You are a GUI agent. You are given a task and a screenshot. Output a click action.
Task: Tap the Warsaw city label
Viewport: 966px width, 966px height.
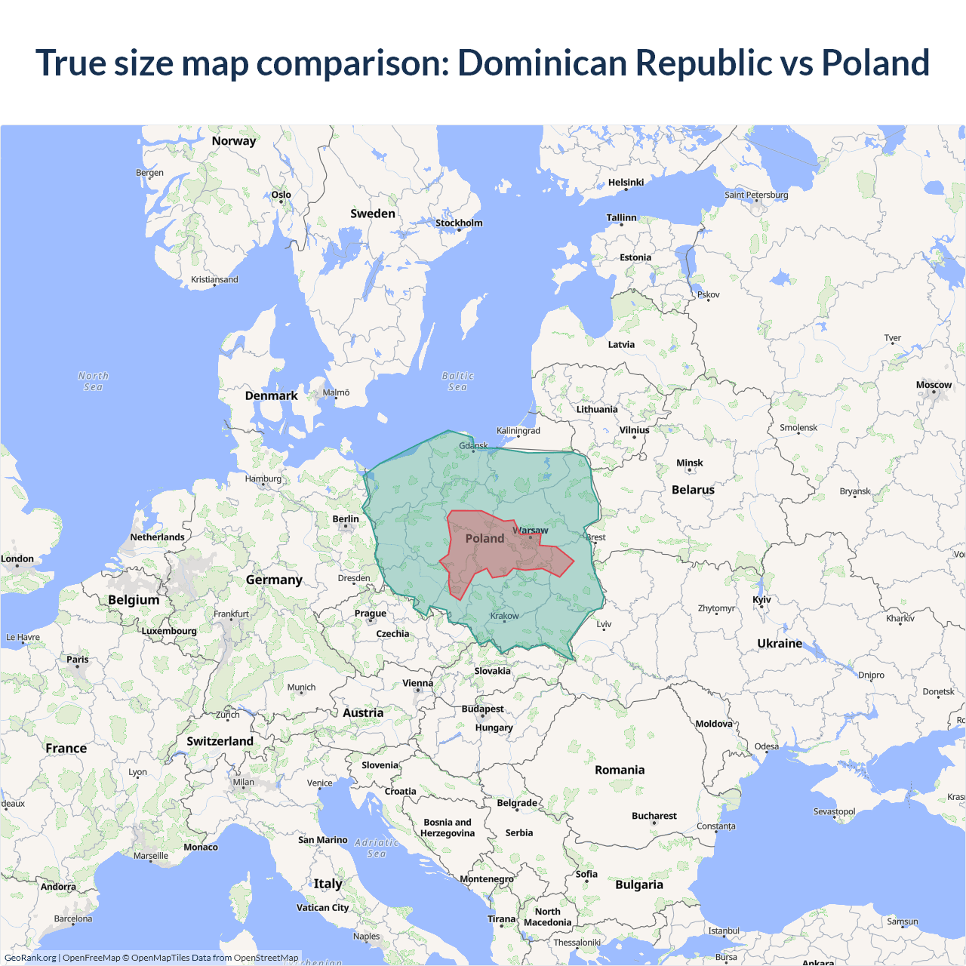[x=531, y=531]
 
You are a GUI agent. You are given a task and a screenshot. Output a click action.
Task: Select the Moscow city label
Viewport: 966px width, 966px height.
[x=934, y=385]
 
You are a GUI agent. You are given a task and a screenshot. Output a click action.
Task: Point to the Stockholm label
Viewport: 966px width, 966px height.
[x=459, y=223]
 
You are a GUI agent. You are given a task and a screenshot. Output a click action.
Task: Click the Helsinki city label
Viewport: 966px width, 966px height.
[x=626, y=182]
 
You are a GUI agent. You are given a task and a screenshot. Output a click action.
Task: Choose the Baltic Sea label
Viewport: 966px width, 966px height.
[x=457, y=381]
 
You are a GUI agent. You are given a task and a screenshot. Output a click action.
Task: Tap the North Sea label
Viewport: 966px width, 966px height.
[x=93, y=381]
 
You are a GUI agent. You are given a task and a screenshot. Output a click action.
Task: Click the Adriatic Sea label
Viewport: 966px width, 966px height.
[x=376, y=848]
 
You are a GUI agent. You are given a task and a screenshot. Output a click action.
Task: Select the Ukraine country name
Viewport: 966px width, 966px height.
[x=780, y=643]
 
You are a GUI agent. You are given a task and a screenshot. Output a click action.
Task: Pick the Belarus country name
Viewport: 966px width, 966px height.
[x=693, y=490]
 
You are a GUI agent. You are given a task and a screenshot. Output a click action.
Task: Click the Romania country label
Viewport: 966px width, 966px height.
[x=620, y=770]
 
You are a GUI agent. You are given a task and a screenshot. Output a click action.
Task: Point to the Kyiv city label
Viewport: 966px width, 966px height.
[x=761, y=600]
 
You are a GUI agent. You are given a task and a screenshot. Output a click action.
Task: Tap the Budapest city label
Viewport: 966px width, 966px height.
[x=482, y=709]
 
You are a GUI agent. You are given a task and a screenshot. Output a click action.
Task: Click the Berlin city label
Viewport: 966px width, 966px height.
[x=346, y=518]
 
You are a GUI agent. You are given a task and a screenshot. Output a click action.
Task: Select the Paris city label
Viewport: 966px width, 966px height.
[x=77, y=659]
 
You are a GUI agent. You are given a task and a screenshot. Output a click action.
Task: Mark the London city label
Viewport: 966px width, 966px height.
[x=17, y=558]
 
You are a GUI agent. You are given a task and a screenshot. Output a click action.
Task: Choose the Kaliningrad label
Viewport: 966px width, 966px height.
[x=518, y=430]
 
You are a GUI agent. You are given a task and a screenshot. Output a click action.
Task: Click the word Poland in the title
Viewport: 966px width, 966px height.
[x=875, y=63]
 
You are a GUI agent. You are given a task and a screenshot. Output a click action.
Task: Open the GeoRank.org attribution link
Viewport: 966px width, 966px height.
[x=30, y=958]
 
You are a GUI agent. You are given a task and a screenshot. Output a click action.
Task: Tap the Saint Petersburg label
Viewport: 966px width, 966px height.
[x=756, y=195]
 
